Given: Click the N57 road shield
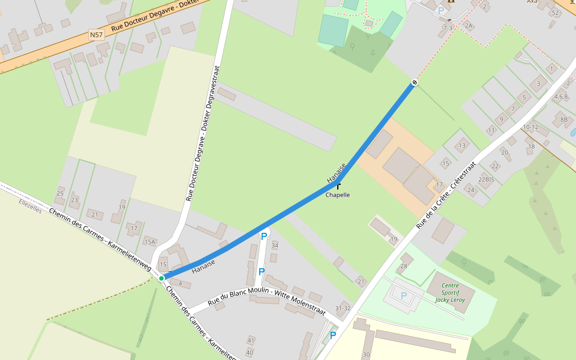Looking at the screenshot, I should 97,35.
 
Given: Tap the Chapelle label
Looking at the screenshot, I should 337,195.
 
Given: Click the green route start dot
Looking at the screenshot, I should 161,278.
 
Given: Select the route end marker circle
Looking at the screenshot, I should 414,82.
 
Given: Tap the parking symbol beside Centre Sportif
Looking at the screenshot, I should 403,295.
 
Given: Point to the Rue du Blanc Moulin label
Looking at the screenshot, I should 266,301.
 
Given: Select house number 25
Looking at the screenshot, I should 60,193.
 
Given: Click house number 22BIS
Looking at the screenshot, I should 486,179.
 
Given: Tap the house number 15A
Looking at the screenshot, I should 149,242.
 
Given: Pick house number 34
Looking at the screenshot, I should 275,245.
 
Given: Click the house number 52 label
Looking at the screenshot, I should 556,13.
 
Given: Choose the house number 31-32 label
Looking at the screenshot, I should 343,308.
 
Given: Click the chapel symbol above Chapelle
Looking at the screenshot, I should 339,186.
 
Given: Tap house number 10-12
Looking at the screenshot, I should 530,127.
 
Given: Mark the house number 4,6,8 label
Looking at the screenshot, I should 561,97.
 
